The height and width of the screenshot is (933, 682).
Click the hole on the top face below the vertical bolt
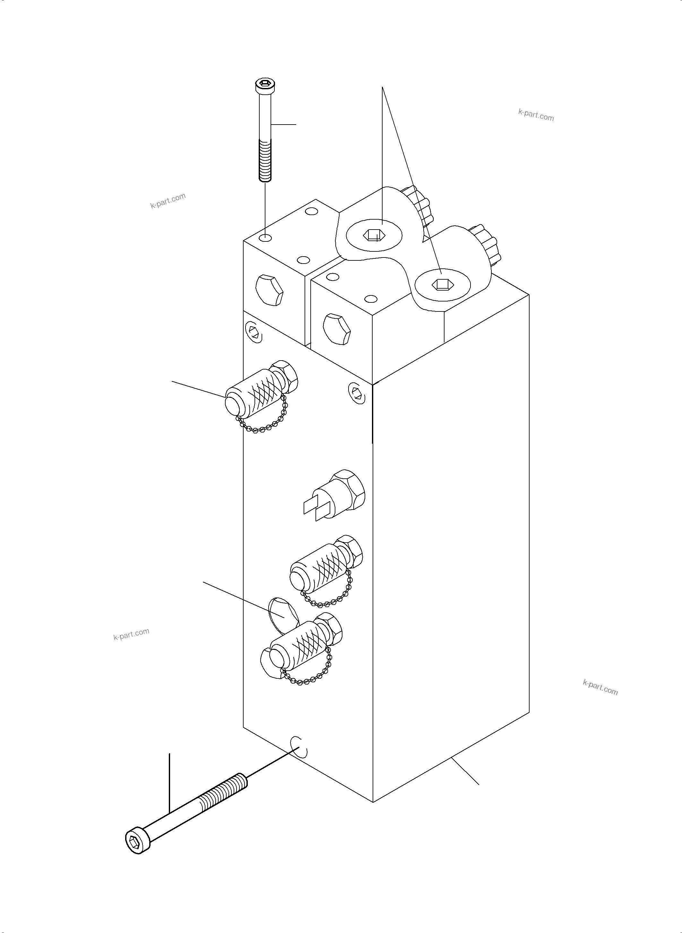266,238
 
